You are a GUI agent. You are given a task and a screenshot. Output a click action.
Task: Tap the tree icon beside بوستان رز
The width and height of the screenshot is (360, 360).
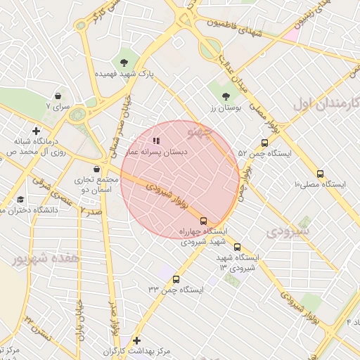226,97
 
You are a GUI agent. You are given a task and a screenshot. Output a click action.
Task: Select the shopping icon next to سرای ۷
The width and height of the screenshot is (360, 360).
57,95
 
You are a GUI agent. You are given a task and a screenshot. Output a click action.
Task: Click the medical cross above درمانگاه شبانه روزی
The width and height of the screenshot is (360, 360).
36,130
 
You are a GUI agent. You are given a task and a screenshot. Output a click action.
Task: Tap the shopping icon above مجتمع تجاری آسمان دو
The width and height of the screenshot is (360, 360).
96,169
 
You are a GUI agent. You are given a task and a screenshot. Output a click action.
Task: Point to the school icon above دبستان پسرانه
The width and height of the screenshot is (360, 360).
156,141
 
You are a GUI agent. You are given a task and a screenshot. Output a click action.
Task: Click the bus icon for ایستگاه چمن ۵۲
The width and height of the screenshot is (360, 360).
264,142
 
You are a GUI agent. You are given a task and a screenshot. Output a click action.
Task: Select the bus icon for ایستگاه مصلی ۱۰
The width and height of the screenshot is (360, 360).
321,173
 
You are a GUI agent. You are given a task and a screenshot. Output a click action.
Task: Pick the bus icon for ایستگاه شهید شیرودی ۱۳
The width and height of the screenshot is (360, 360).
237,247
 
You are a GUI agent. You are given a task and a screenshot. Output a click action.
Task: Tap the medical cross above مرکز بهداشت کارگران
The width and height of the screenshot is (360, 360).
136,340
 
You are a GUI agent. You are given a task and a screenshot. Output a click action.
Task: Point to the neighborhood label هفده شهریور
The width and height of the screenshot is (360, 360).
46,259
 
